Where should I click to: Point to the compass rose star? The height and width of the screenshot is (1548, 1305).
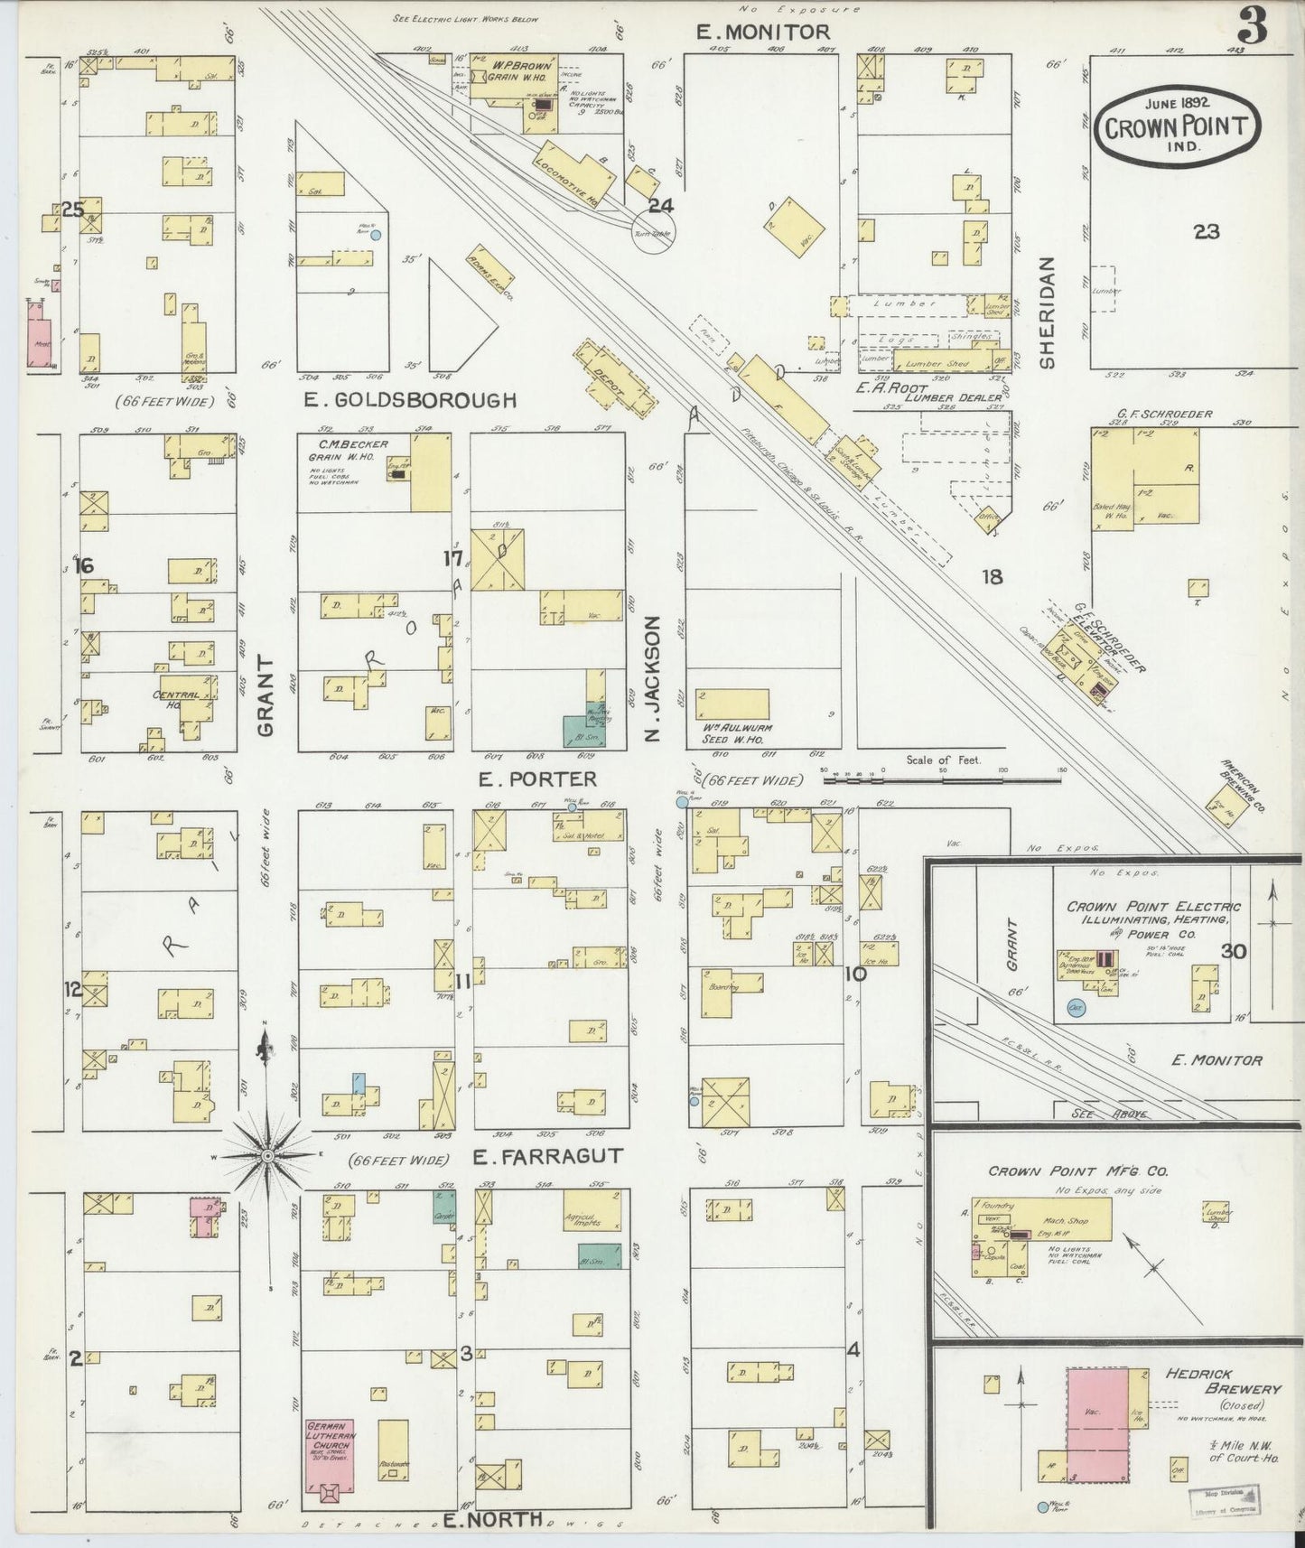point(268,1155)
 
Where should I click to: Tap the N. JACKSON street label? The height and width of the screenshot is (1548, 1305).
point(654,678)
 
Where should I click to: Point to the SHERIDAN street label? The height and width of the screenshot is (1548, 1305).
point(1047,312)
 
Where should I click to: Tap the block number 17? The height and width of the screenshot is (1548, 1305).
point(452,559)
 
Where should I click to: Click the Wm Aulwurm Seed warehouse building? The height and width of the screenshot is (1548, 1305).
point(732,704)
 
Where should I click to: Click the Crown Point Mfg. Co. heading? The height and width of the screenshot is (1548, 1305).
point(1077,1170)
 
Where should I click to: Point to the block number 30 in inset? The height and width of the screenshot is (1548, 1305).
point(1233,950)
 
